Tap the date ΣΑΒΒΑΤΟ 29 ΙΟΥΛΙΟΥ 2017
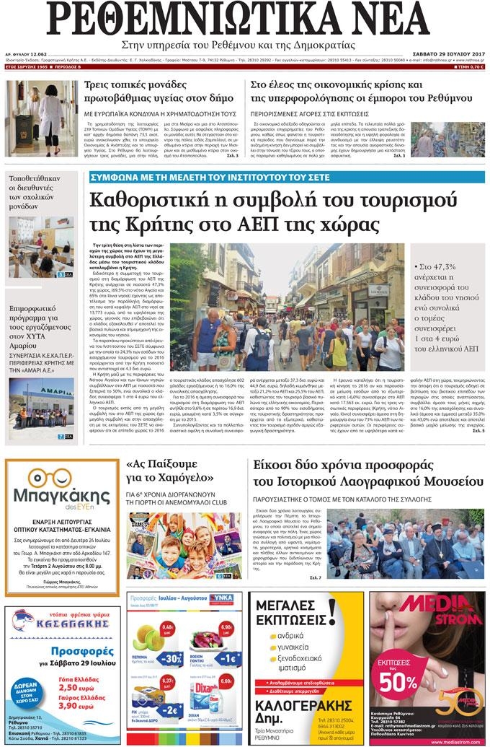(x=446, y=53)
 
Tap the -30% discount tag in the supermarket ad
(x=171, y=659)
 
